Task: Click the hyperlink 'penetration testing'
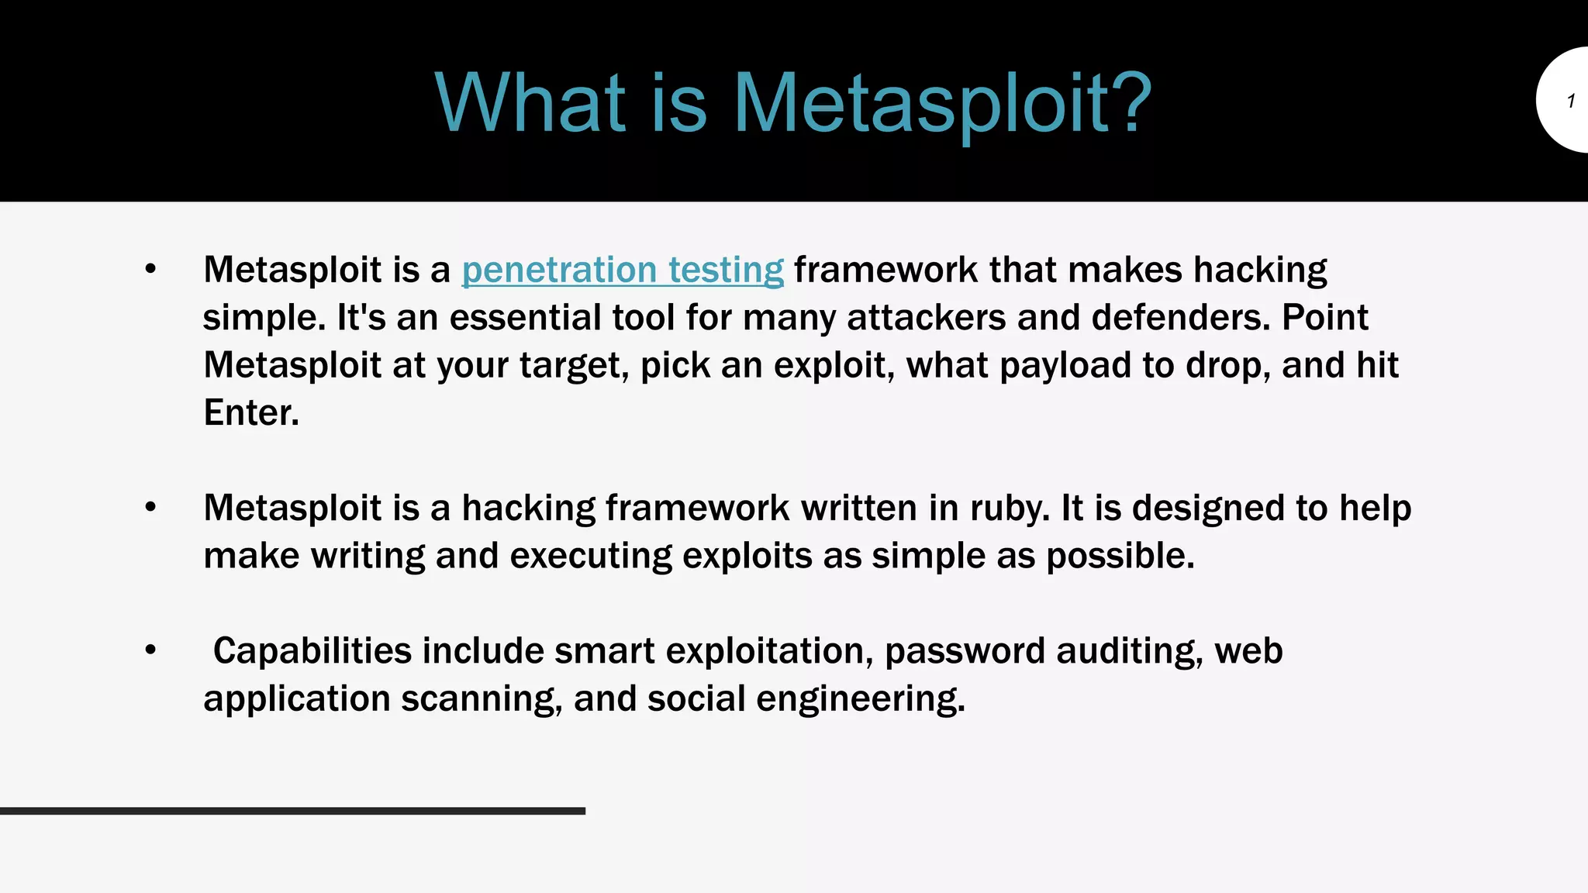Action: [623, 270]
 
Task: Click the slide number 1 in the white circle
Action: [1570, 101]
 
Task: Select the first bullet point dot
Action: [150, 270]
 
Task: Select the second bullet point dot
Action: [150, 508]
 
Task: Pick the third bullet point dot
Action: [150, 650]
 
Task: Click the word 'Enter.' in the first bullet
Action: [251, 412]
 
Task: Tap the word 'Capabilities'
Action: [312, 650]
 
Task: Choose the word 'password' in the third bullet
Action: [965, 650]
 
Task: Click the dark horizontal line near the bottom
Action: [292, 811]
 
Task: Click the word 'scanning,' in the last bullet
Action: [482, 698]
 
